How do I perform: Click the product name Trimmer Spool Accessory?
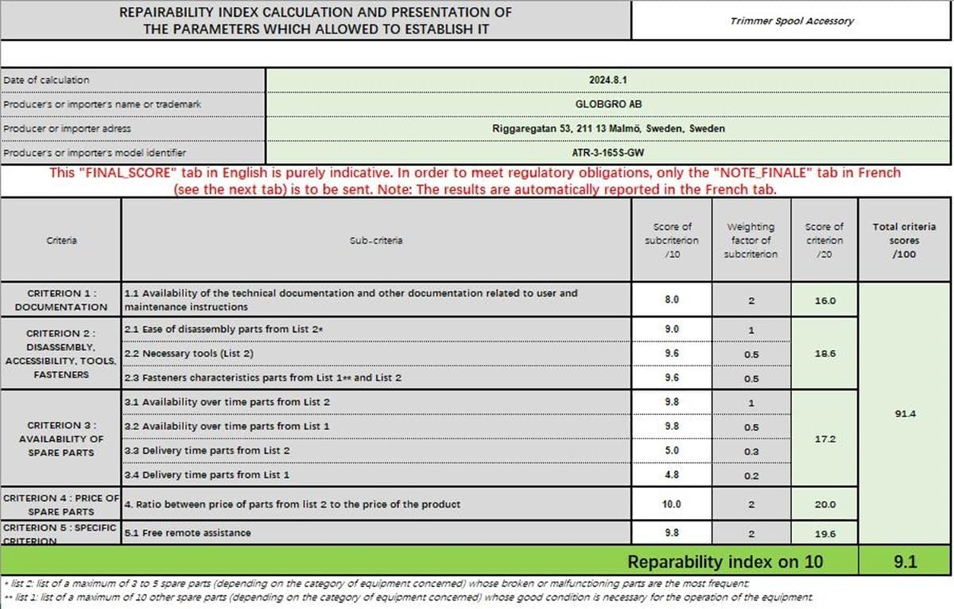pos(791,21)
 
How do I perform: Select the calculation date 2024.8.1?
pos(608,80)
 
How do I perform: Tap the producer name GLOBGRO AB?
pos(608,104)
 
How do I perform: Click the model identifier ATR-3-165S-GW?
pos(608,153)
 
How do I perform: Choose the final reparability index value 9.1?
pos(905,563)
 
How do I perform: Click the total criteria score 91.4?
pos(905,414)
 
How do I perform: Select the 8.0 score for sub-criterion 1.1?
pos(672,300)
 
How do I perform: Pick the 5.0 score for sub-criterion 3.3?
pos(672,451)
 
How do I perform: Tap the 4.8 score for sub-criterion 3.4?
pos(672,475)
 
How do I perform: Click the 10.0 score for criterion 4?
pos(672,504)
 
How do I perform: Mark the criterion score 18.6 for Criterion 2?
pos(825,354)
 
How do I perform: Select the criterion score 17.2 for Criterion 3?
pos(825,439)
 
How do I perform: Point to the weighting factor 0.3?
pos(751,451)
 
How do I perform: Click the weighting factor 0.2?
pos(751,476)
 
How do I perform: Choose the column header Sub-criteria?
pos(376,241)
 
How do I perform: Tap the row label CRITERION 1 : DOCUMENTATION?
pos(61,300)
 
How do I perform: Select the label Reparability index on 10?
pos(725,563)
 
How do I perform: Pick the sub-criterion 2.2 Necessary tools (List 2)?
pos(188,353)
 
